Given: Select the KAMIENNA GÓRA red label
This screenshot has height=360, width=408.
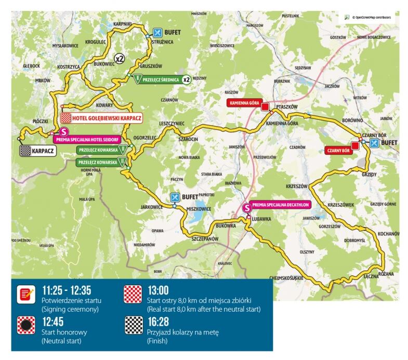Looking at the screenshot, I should click(244, 103).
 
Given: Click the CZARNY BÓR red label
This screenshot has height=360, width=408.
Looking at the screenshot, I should click(337, 151).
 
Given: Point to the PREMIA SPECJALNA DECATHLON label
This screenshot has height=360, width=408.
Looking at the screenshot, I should click(280, 204).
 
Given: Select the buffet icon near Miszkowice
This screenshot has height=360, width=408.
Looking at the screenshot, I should click(176, 198).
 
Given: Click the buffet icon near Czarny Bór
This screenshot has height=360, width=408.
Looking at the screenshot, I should click(374, 142).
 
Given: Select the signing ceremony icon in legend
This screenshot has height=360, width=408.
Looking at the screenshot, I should click(25, 295).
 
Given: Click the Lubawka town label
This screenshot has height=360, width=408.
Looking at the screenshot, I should click(261, 219).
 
